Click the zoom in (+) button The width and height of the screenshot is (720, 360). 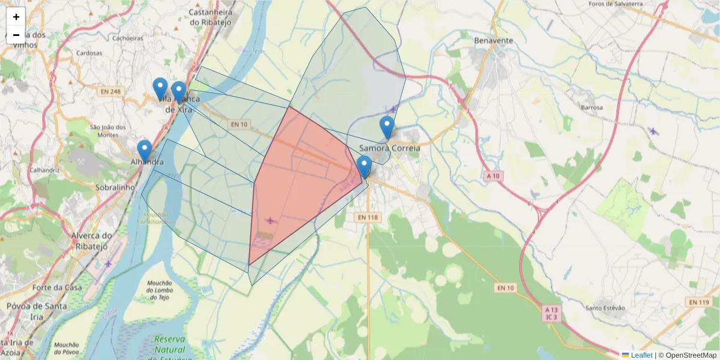point(16,17)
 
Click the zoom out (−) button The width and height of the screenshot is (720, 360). point(16,35)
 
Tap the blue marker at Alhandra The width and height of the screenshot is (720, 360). point(144,152)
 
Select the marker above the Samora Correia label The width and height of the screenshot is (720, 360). point(387,128)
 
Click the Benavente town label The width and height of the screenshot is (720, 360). point(493,41)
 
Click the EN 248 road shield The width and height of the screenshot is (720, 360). point(112,91)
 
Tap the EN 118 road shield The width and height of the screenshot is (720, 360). point(370,217)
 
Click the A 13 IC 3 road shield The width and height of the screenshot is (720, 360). point(551,313)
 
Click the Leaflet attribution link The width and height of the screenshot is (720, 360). point(641,355)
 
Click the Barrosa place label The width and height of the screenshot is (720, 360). point(592,107)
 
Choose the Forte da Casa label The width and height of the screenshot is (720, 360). point(57,287)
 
